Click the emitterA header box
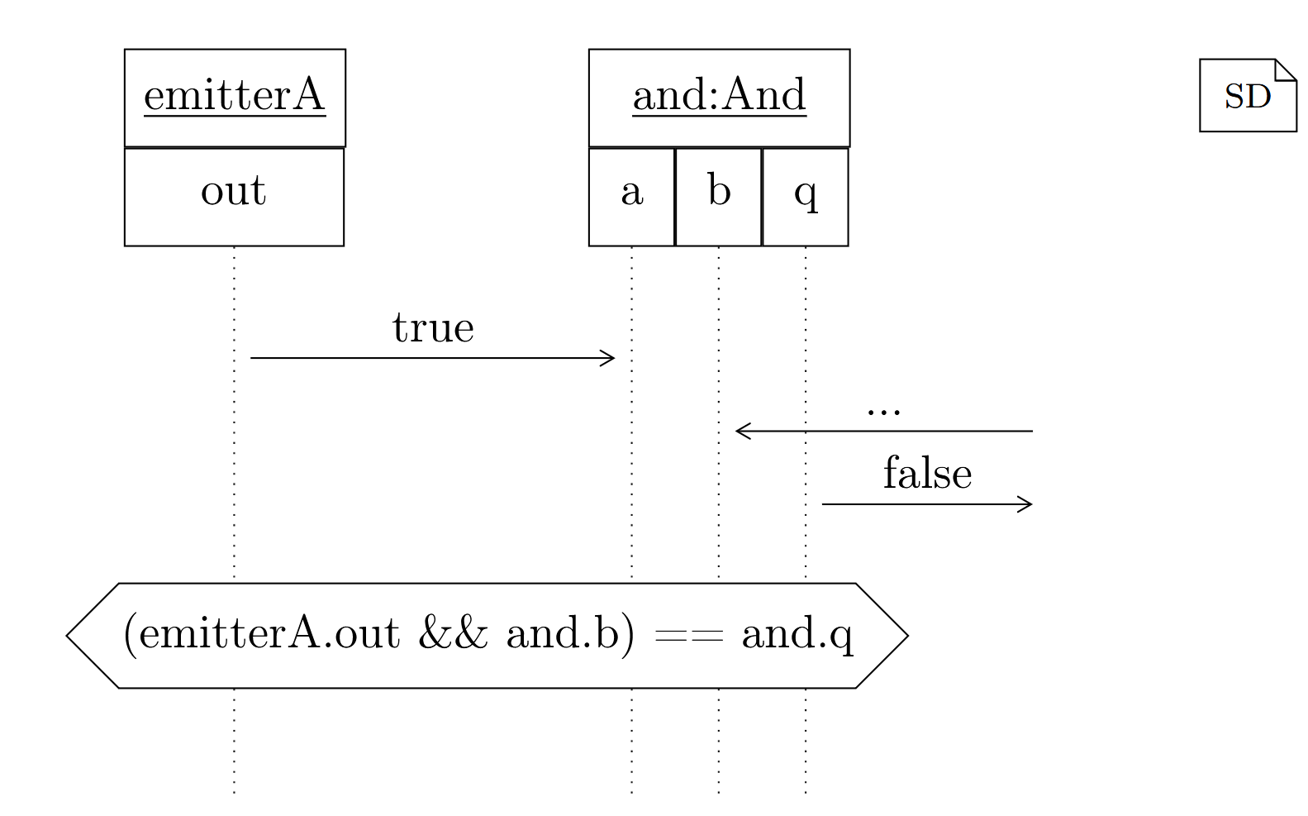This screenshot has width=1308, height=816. click(235, 98)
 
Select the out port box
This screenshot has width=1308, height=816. click(234, 197)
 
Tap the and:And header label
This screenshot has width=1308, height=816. click(719, 96)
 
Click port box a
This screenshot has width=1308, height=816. click(631, 197)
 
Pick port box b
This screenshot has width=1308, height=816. click(718, 197)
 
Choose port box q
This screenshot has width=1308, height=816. click(805, 197)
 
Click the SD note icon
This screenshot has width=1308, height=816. click(1247, 96)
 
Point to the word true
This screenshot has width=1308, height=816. click(433, 328)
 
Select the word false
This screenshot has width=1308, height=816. click(927, 474)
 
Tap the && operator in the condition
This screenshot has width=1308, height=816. click(453, 635)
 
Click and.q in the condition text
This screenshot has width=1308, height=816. click(797, 635)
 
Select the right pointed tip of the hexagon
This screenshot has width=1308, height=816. click(906, 636)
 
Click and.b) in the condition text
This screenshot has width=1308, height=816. click(570, 635)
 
